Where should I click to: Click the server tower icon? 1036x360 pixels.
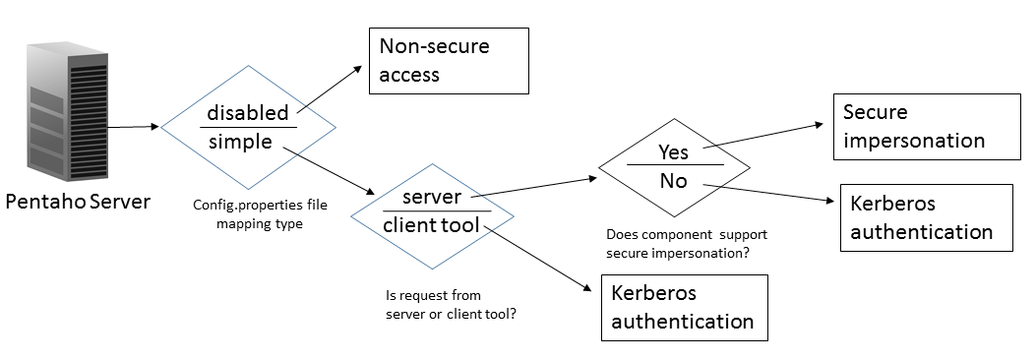tap(67, 112)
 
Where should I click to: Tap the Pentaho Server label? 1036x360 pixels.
tap(78, 202)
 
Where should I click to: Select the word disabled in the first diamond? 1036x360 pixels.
tap(248, 113)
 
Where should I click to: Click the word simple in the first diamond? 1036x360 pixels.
tap(240, 142)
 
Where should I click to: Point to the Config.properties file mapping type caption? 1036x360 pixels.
tap(260, 214)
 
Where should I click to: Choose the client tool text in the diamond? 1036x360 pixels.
tap(432, 225)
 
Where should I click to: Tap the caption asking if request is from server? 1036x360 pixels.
tap(451, 305)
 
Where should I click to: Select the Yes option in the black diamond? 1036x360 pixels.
tap(673, 152)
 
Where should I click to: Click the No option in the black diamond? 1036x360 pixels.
tap(674, 180)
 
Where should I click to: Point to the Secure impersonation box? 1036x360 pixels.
tap(927, 127)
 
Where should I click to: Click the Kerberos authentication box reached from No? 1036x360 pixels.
tap(927, 218)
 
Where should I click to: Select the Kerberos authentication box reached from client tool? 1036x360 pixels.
tap(685, 308)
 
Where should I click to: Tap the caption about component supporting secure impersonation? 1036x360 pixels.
tap(687, 243)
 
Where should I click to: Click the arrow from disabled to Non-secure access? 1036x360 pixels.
tap(330, 89)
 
